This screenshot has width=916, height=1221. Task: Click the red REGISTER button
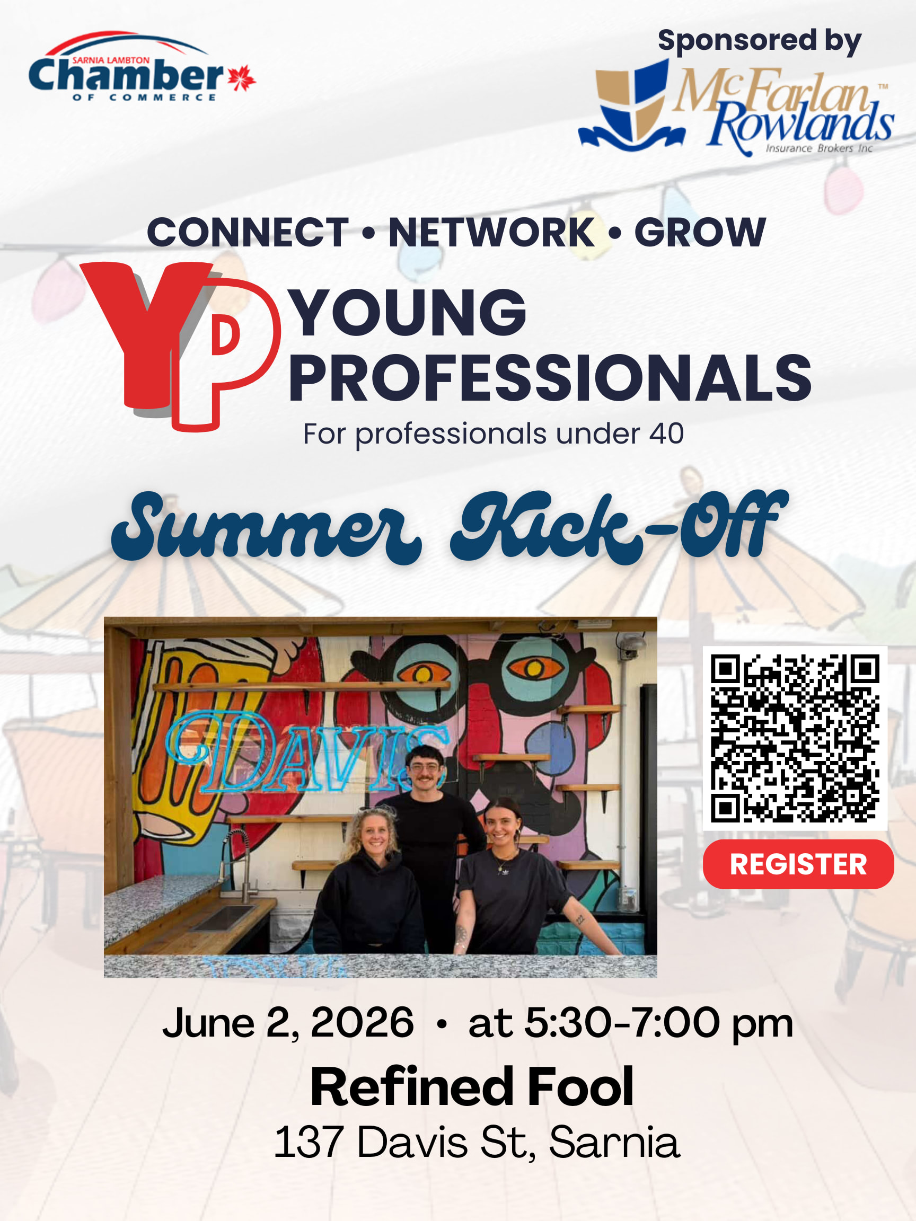(798, 864)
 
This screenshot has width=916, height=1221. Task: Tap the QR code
(795, 738)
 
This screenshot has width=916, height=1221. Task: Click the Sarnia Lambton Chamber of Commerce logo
(142, 67)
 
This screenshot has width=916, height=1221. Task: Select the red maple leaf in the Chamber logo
(242, 78)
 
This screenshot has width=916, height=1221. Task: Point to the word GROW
(700, 233)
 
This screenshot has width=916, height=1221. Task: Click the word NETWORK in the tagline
(491, 233)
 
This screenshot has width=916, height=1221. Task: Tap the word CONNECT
(248, 233)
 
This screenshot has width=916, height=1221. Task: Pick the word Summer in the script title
(267, 528)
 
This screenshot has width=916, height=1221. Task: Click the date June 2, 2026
(288, 1023)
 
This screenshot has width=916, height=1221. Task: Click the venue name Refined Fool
(472, 1087)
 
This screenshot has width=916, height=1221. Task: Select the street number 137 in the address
(308, 1142)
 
